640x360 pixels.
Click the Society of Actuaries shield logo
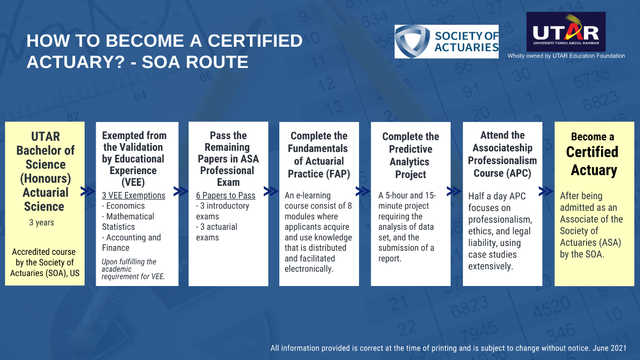pyautogui.click(x=412, y=42)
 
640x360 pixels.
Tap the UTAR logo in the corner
pyautogui.click(x=565, y=32)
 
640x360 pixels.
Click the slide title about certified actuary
pyautogui.click(x=165, y=51)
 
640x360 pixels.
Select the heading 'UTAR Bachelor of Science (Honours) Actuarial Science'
pyautogui.click(x=45, y=171)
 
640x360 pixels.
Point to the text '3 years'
pyautogui.click(x=42, y=223)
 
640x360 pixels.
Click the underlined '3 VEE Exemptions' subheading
pyautogui.click(x=134, y=195)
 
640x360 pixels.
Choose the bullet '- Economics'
pyautogui.click(x=123, y=206)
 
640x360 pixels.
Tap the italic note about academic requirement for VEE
pyautogui.click(x=133, y=269)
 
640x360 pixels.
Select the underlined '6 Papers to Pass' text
pyautogui.click(x=225, y=195)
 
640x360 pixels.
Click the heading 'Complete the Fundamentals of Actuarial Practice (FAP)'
pyautogui.click(x=319, y=155)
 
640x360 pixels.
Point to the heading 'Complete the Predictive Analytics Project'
pyautogui.click(x=411, y=155)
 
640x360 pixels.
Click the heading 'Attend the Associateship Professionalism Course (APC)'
pyautogui.click(x=503, y=154)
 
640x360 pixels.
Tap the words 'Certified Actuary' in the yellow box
pyautogui.click(x=594, y=161)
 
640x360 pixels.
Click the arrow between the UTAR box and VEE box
pyautogui.click(x=88, y=191)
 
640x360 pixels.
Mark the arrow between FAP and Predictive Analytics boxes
pyautogui.click(x=363, y=191)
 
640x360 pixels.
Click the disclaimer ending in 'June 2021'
pyautogui.click(x=448, y=348)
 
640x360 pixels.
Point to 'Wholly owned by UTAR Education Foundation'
pyautogui.click(x=566, y=56)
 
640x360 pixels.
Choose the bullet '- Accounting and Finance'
pyautogui.click(x=131, y=243)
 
